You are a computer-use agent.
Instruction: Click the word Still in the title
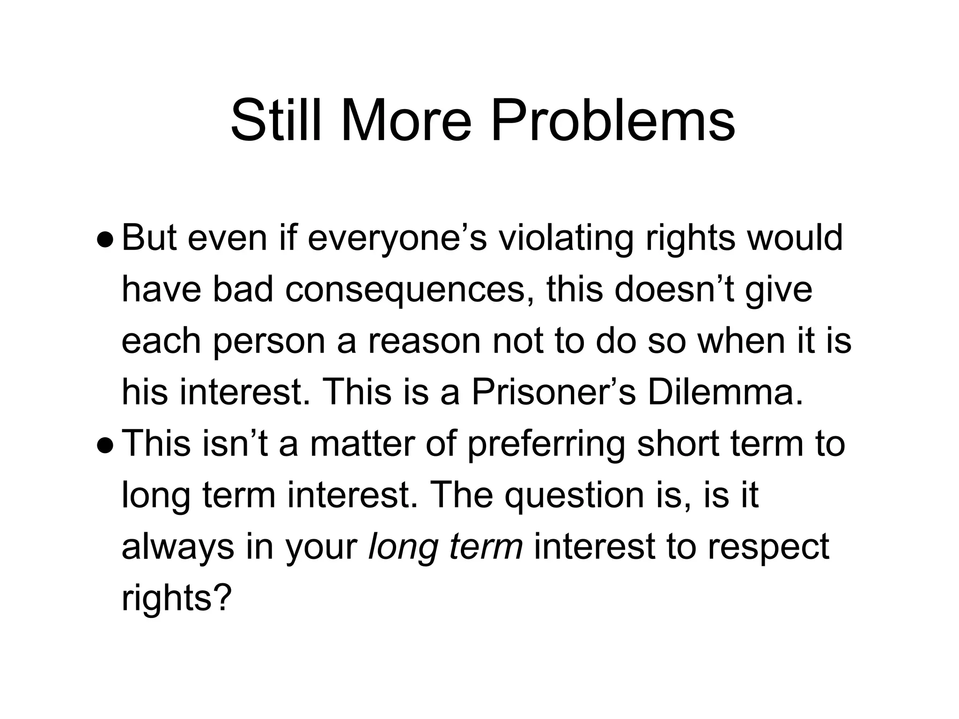276,120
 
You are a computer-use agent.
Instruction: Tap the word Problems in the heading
612,120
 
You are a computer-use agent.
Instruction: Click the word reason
425,342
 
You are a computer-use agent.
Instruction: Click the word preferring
546,445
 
